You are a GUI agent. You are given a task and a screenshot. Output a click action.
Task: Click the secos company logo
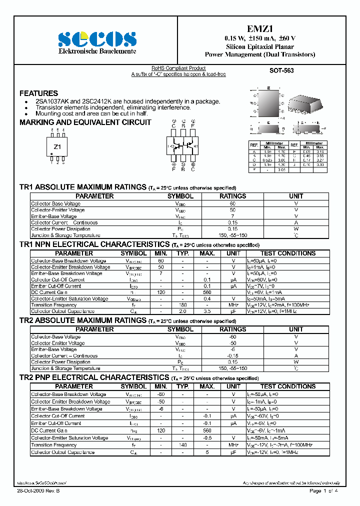(x=96, y=39)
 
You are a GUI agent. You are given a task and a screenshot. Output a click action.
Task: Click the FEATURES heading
(x=38, y=93)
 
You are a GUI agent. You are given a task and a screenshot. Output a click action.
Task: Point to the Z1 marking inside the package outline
(x=57, y=147)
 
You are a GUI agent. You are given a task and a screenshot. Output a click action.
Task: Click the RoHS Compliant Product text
(x=178, y=68)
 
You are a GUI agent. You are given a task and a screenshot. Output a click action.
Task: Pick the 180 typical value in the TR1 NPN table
(x=182, y=305)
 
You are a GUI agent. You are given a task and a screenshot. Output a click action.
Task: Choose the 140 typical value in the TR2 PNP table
(x=182, y=445)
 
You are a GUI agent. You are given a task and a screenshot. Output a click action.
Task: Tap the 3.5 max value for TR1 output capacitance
(x=207, y=311)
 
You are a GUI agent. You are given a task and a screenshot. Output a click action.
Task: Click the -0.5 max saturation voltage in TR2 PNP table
(x=207, y=438)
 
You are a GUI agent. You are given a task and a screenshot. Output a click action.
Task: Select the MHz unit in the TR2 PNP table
(x=233, y=445)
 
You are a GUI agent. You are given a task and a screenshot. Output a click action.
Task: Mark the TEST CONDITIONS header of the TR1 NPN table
(x=287, y=253)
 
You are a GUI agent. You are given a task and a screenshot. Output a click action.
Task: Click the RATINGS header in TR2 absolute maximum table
(x=232, y=329)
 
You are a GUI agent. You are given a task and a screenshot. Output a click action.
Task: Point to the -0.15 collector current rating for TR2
(x=232, y=355)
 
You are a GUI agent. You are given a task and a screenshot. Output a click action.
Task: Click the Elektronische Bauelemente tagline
(x=96, y=52)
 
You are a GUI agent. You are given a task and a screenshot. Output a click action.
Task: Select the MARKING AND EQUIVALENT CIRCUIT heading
(x=85, y=122)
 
